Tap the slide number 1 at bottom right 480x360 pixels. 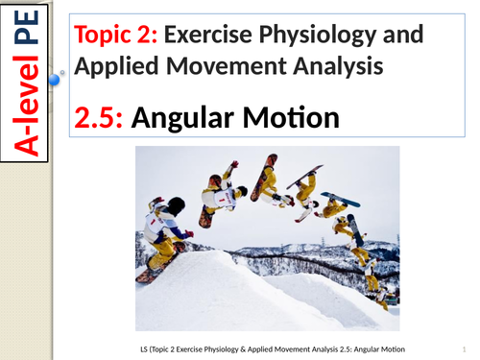click(462, 346)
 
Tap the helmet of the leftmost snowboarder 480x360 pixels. click(175, 206)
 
